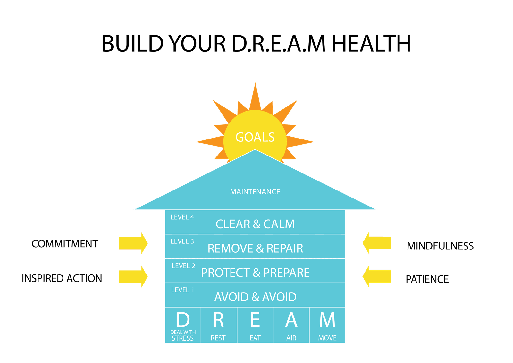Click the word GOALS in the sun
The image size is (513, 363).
coord(255,137)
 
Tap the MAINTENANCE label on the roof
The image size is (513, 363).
coord(255,192)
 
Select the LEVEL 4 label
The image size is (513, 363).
coord(182,217)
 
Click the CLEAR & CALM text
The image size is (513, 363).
coord(255,224)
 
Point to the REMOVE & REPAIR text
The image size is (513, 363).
coord(255,249)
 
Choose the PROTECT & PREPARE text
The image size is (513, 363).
coord(255,273)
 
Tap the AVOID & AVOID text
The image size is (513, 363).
coord(255,297)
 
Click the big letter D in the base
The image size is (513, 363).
coord(183,320)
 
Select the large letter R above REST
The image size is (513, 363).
coord(218,320)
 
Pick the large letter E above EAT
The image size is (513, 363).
coord(255,320)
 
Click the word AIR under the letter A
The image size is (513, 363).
coord(291,338)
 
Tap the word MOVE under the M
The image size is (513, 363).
coord(327,338)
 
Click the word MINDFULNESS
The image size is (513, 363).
coord(440,246)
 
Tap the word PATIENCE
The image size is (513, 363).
coord(427,279)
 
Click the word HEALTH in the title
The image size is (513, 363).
coord(371,44)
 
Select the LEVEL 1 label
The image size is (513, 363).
coord(182,290)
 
